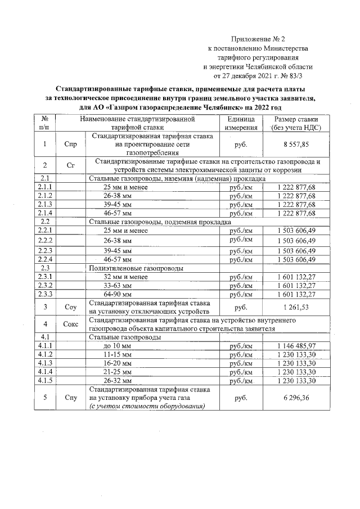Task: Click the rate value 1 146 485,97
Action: (296, 345)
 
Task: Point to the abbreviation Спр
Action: (71, 144)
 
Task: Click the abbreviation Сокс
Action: (71, 325)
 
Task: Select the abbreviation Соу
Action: (71, 306)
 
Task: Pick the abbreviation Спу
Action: (71, 398)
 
